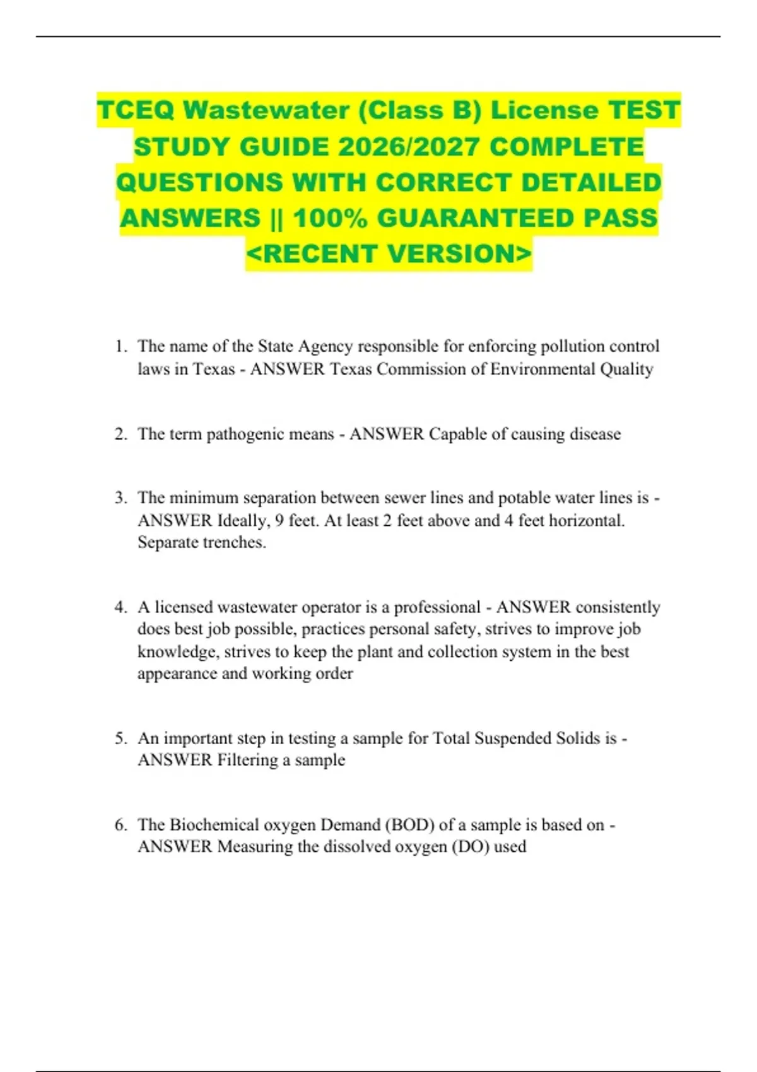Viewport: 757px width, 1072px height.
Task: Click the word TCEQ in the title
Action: point(135,110)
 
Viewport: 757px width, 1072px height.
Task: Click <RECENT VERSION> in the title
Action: point(389,253)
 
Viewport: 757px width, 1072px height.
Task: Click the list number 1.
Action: point(120,346)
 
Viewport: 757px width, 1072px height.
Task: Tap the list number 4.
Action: point(120,607)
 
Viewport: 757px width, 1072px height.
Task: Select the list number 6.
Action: point(120,825)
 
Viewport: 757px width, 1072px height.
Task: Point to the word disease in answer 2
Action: point(595,434)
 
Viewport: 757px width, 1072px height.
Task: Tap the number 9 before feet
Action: point(279,521)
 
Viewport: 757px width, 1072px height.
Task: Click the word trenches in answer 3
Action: point(233,542)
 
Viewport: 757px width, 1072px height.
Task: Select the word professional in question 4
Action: point(437,607)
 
